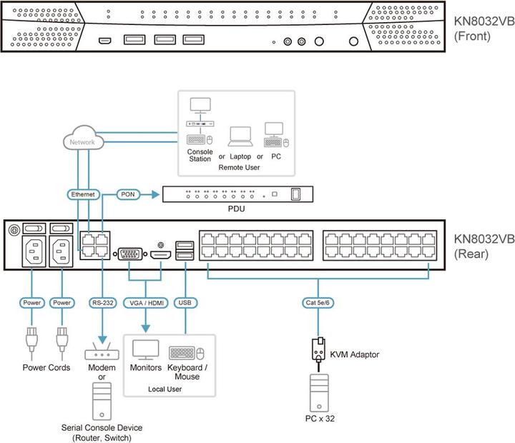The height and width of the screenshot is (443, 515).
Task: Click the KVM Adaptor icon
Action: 318,350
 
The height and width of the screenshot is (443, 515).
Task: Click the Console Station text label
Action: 200,155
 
